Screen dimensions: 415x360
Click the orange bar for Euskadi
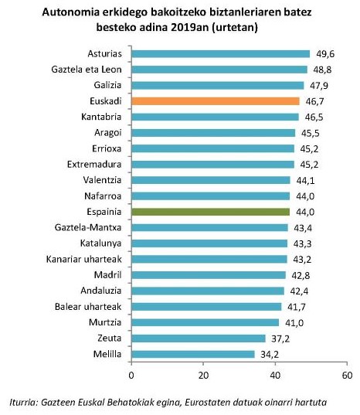coord(215,101)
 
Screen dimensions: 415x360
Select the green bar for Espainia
coord(210,212)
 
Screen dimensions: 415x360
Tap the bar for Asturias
coord(220,53)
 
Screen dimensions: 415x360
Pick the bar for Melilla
coord(192,354)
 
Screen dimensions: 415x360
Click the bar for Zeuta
coord(198,338)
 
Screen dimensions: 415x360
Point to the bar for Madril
coord(208,275)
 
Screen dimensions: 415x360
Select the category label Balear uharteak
coord(87,307)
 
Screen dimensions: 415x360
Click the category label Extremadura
coord(92,164)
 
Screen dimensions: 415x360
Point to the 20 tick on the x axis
coord(203,375)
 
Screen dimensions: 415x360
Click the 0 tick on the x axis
coord(132,375)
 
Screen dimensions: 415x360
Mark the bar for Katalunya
coord(209,243)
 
